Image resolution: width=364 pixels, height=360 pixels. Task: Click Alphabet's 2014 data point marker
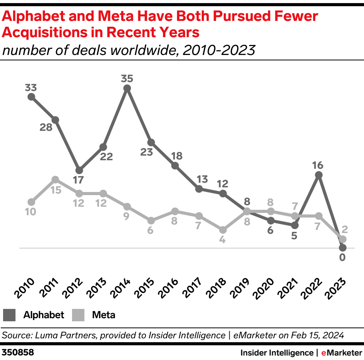(x=127, y=88)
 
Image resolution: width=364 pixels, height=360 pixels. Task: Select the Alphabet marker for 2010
(x=31, y=97)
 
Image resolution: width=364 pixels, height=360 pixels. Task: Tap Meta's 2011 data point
(x=55, y=180)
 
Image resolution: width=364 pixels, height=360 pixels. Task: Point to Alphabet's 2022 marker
(x=318, y=175)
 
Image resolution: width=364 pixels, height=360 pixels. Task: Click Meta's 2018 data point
(x=223, y=230)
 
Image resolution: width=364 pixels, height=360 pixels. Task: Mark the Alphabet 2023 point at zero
(x=342, y=248)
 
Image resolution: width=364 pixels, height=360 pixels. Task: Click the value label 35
(x=127, y=79)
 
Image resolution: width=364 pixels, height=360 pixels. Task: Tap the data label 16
(x=318, y=165)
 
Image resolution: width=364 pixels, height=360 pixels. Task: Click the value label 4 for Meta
(x=222, y=240)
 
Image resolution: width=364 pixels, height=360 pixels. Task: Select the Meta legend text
(x=103, y=315)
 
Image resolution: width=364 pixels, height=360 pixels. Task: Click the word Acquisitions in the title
(x=46, y=33)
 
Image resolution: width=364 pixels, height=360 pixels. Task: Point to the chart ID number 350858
(x=18, y=353)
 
